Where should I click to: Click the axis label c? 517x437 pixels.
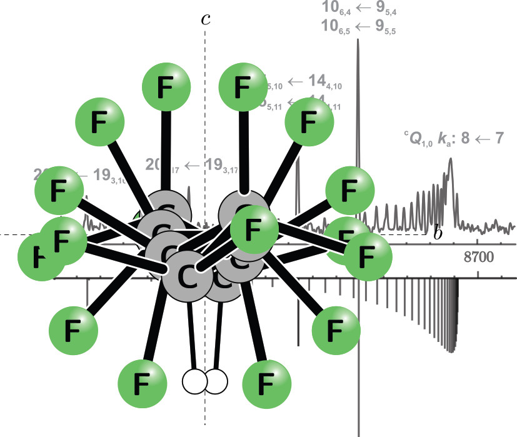tap(205, 18)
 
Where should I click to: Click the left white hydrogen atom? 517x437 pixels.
tap(194, 380)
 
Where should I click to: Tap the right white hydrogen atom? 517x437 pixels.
tap(216, 381)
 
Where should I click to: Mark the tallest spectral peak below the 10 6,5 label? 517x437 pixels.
tap(358, 44)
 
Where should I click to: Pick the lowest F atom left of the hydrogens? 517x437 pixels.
tap(142, 379)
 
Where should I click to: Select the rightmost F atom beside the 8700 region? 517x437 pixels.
tap(367, 254)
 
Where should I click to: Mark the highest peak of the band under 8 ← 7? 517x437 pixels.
tap(450, 161)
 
